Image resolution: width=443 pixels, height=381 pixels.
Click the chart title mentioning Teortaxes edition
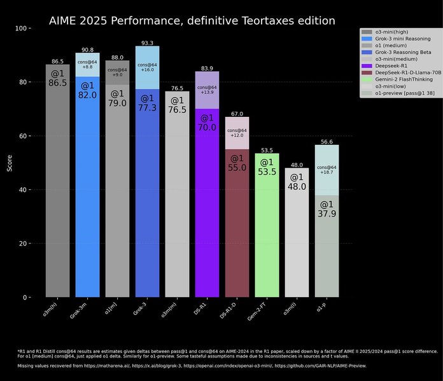click(x=192, y=21)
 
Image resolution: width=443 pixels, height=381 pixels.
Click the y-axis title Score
click(x=8, y=163)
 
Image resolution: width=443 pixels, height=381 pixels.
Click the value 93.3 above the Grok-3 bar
click(x=147, y=43)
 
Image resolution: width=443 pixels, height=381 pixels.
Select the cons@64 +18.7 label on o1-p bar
click(x=327, y=170)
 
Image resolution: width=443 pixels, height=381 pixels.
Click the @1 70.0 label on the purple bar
click(x=207, y=105)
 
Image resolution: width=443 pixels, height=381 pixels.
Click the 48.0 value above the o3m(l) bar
click(x=297, y=164)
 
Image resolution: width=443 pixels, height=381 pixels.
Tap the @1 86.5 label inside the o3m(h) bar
click(x=57, y=78)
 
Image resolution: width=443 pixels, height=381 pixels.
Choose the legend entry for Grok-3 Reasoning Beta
click(x=400, y=51)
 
